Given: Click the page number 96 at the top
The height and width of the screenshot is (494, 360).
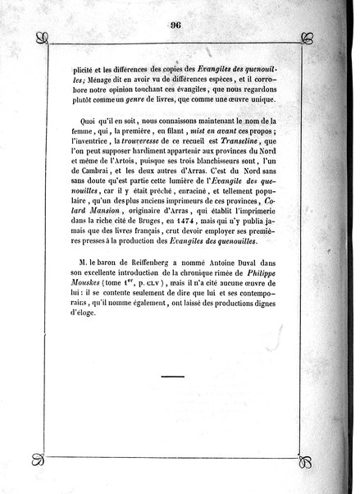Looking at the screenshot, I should click(x=175, y=24).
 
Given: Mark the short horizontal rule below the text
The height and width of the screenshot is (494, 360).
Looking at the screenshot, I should click(x=175, y=377).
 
